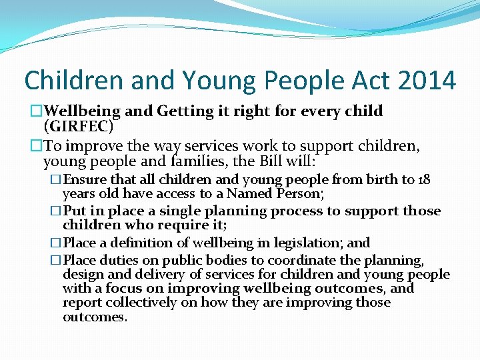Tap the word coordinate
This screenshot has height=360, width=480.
(277, 261)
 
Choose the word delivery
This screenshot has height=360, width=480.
(147, 275)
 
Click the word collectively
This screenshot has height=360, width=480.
(145, 303)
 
